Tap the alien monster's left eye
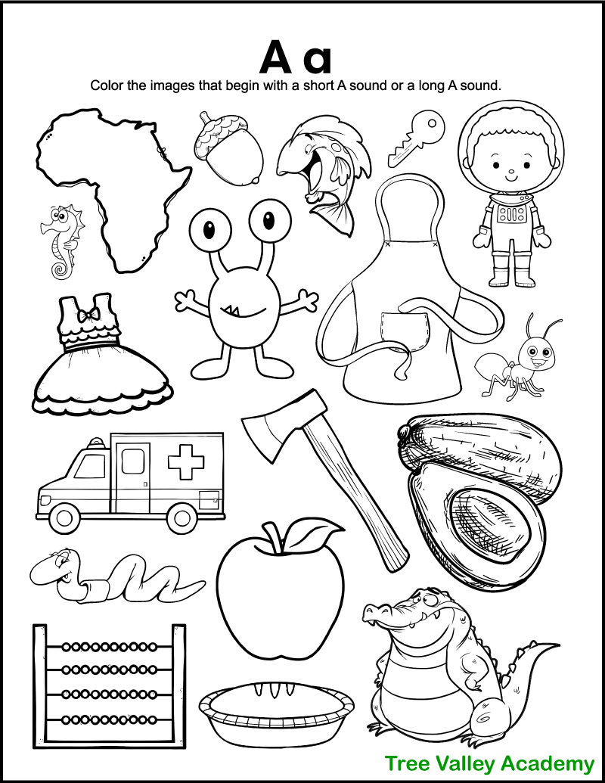(x=208, y=223)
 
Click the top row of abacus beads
(x=110, y=648)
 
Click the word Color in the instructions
(x=108, y=85)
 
